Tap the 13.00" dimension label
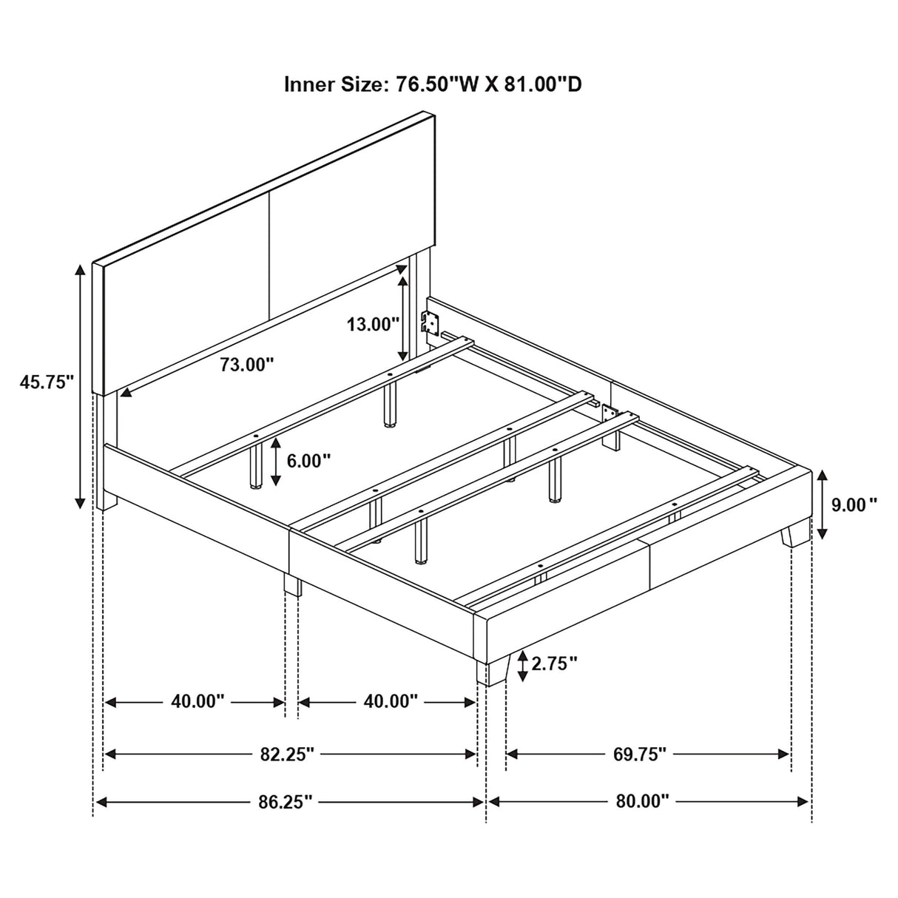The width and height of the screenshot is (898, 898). coord(373,323)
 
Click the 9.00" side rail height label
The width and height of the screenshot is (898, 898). coord(854,504)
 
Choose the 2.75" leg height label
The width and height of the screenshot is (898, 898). coord(553,664)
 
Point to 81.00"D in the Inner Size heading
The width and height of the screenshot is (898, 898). coord(542,84)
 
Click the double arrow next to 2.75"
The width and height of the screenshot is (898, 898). coord(523,665)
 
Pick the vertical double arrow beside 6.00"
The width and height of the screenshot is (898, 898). coord(276,461)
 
